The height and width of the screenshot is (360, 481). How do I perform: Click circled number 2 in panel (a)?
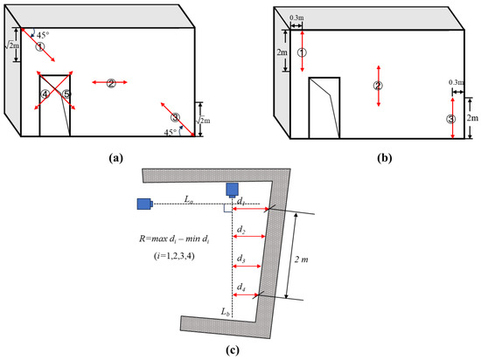(x=111, y=83)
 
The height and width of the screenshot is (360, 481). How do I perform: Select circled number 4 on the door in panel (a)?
(x=44, y=93)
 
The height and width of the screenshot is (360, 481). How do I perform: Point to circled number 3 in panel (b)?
(x=450, y=119)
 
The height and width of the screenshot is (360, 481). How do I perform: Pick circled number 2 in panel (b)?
(x=378, y=86)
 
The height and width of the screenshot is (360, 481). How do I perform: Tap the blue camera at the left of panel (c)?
(x=144, y=204)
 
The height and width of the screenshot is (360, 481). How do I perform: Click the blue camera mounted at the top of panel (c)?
(x=233, y=190)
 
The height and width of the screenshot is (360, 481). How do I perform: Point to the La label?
(x=191, y=200)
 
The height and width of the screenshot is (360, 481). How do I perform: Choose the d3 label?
(x=241, y=259)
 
